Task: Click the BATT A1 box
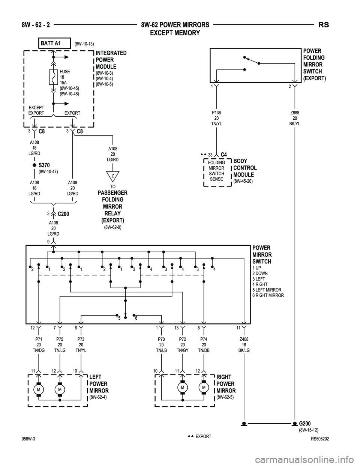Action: (54, 43)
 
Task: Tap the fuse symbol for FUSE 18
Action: (53, 77)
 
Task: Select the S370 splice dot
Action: (34, 165)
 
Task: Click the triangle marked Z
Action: (113, 176)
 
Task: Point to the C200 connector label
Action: (63, 214)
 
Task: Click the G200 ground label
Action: (305, 424)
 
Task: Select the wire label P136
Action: (216, 113)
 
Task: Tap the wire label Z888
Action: (295, 113)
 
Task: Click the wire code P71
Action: (39, 339)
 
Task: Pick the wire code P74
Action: (204, 339)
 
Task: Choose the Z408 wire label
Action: (244, 339)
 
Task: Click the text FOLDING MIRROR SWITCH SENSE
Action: (216, 171)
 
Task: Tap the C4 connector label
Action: (224, 155)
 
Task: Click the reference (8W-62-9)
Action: (113, 227)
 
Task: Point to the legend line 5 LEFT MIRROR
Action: (267, 290)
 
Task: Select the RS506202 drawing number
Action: (320, 439)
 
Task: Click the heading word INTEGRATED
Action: (111, 53)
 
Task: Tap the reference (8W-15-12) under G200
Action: (309, 430)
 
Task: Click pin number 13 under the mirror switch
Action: (177, 328)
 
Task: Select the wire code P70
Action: (161, 339)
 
